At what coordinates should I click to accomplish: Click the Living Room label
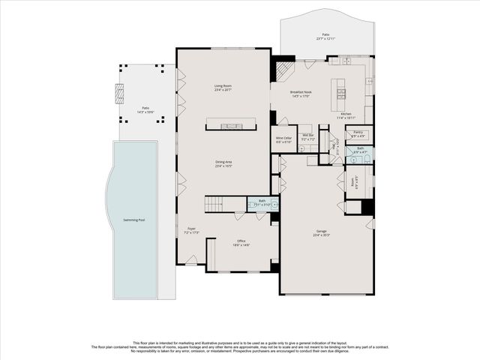click(223, 86)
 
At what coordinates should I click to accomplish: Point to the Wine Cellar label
click(283, 139)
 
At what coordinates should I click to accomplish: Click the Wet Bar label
click(307, 138)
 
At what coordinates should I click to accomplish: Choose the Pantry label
click(358, 133)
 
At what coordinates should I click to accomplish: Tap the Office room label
click(241, 243)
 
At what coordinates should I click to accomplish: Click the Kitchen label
click(346, 114)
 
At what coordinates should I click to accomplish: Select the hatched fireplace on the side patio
click(118, 93)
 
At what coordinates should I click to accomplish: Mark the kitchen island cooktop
click(341, 94)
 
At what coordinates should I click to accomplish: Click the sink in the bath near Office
click(274, 204)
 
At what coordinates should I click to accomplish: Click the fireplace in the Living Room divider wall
click(230, 124)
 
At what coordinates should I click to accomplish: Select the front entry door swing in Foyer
click(192, 259)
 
